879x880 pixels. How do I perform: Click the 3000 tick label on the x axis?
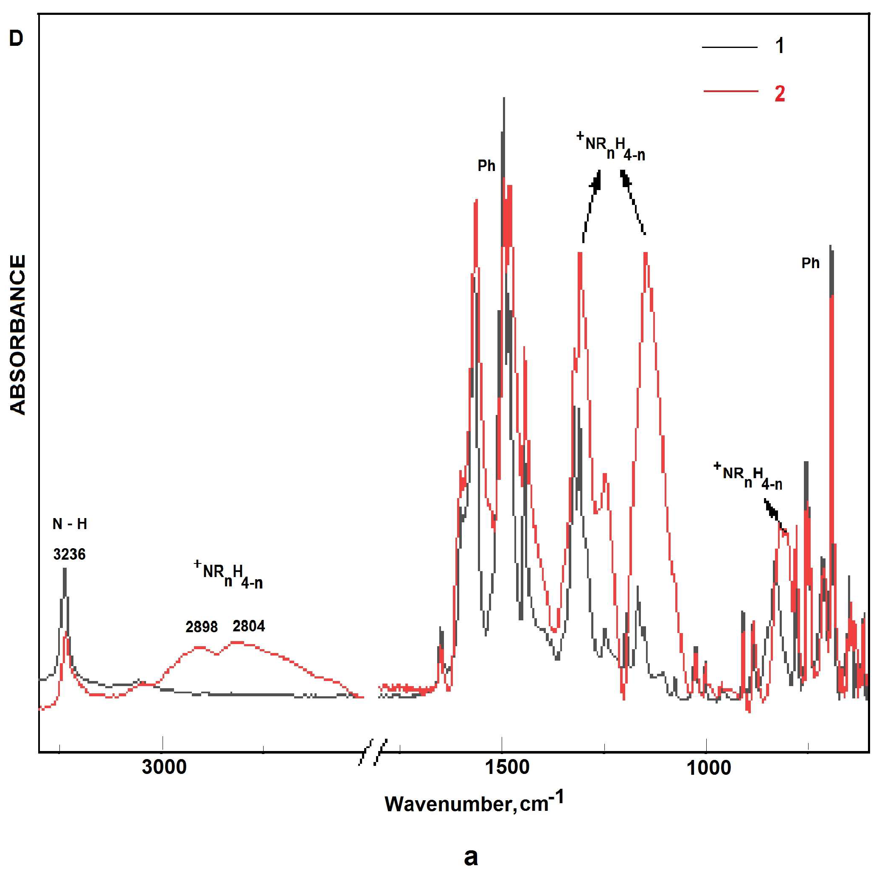tap(164, 767)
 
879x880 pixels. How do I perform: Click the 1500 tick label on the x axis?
tap(507, 767)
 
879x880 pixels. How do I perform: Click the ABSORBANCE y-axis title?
tap(17, 335)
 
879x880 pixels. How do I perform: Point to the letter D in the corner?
tap(16, 39)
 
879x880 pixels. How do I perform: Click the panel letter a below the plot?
tap(471, 857)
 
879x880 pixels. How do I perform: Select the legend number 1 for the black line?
tap(780, 46)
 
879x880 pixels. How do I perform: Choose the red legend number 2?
tap(780, 93)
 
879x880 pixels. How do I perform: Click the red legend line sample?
tap(730, 92)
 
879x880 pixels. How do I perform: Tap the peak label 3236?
tap(69, 554)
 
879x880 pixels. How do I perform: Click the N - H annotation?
tap(70, 524)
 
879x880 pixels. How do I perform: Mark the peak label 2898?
tap(202, 627)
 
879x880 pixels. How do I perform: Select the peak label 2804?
tap(249, 626)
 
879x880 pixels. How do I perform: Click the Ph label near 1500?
tap(486, 166)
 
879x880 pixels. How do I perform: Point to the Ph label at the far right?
tap(810, 263)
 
